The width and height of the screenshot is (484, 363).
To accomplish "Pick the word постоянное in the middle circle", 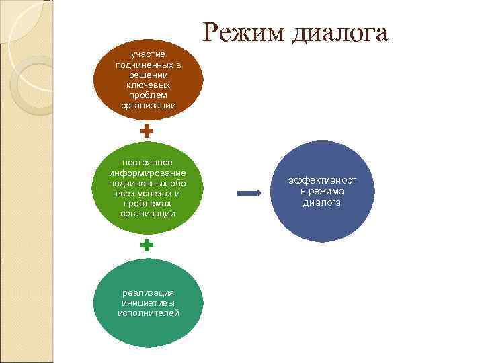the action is coord(148,162).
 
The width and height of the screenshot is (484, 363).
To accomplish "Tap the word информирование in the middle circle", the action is coord(148,172).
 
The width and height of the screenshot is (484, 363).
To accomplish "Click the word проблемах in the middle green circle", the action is coord(148,203).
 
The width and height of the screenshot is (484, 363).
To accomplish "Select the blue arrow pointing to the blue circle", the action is coord(250,194).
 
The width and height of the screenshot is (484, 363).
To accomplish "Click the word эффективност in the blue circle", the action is coord(322,181).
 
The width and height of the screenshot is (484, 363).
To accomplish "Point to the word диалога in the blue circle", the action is coord(322,202).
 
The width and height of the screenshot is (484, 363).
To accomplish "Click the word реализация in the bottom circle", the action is coord(148,292).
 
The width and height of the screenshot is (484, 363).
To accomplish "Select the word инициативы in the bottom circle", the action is coord(148,302).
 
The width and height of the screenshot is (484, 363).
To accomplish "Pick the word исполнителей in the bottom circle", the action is coord(148,313).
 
